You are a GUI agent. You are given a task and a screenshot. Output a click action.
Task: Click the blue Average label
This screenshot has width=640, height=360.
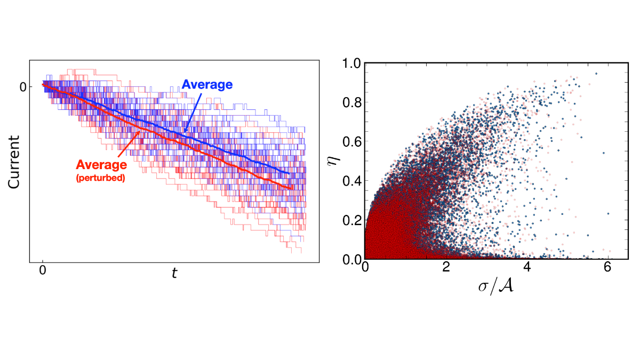coord(207,84)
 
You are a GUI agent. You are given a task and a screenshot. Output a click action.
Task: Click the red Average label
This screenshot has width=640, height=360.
coord(101,165)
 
